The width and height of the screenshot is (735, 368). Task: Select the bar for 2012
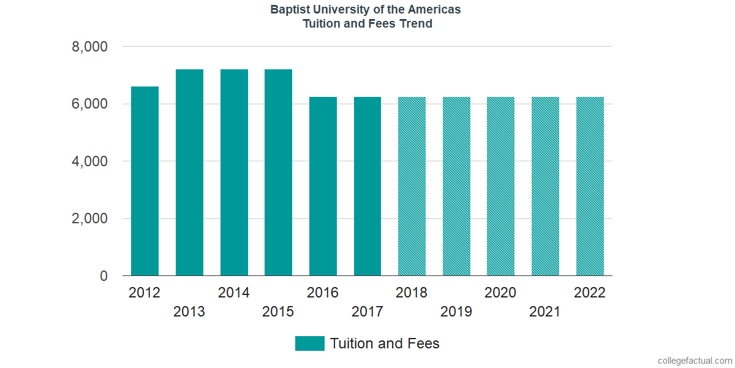point(145,181)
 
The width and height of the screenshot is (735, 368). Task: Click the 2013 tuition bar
point(189,172)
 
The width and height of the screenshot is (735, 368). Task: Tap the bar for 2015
point(278,172)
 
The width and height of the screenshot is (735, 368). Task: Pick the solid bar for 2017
point(367,186)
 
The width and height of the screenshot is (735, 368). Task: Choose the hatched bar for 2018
point(412,186)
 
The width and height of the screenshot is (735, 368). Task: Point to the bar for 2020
point(500,186)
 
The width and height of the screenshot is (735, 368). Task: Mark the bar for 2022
point(590,186)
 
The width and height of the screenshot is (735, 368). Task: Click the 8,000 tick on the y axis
point(90,47)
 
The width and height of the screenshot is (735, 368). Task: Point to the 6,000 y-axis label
point(90,104)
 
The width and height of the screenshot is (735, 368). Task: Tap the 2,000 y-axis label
point(90,219)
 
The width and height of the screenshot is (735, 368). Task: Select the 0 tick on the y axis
point(104,277)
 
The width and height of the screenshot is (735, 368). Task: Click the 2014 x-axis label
point(234,293)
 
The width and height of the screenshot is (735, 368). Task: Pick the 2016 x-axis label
point(323,293)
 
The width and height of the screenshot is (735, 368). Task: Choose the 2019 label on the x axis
point(456,312)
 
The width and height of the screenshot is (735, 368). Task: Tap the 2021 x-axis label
point(545,312)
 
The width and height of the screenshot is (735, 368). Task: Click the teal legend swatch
point(309,343)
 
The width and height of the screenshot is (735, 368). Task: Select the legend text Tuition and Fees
point(385,343)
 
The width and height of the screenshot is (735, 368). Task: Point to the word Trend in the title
point(417,25)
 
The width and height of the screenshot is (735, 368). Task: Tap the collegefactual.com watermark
point(695,361)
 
